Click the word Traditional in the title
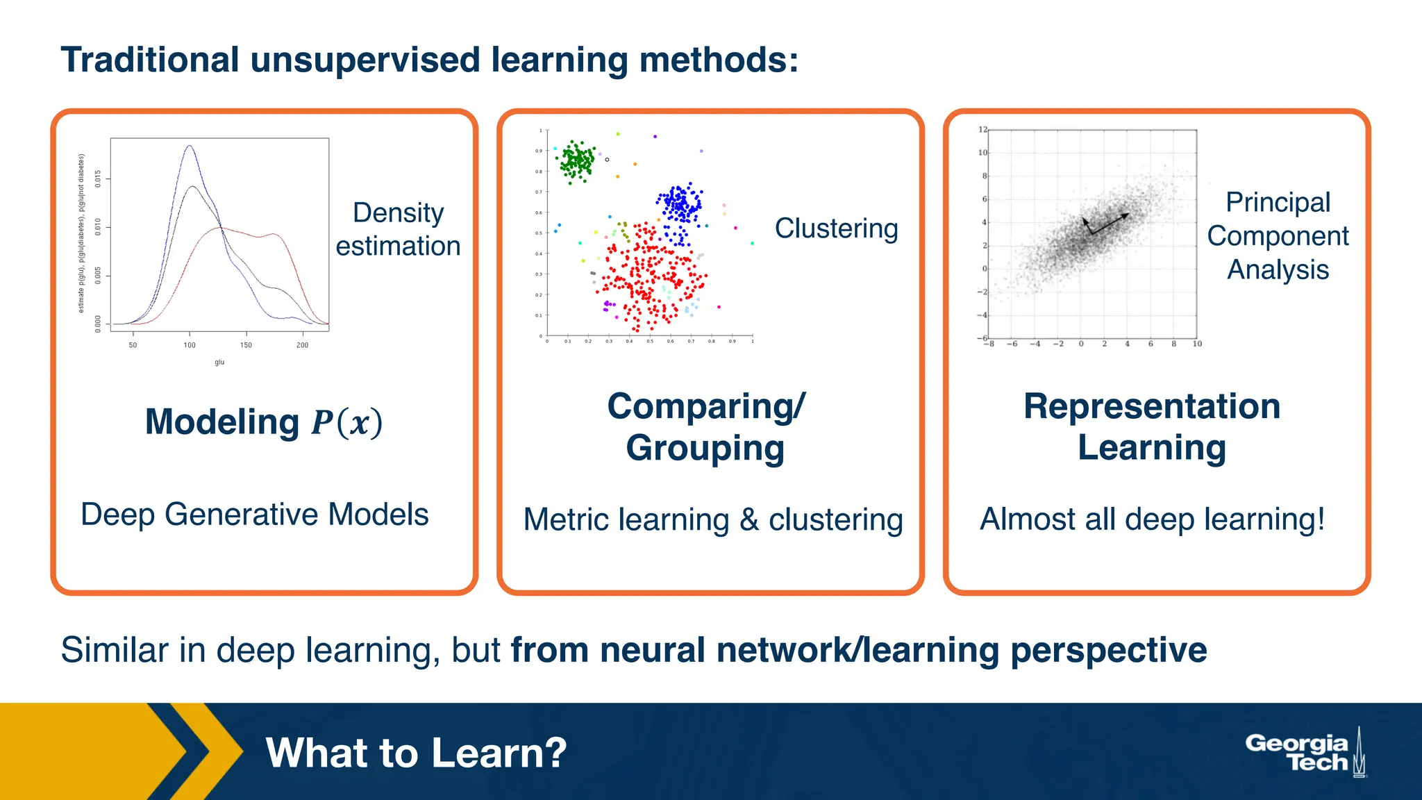tap(150, 60)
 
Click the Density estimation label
tap(398, 229)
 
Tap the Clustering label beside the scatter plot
tap(836, 228)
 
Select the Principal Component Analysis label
tap(1278, 236)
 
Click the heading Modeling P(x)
tap(264, 422)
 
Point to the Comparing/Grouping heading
tap(706, 426)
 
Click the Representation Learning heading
tap(1152, 426)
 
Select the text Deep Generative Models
tap(255, 515)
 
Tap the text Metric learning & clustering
tap(713, 519)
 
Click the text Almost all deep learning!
tap(1152, 519)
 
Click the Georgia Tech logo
tap(1305, 753)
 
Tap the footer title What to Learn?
tap(416, 753)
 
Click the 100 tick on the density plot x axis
tap(190, 345)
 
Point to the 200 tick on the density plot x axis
tap(303, 345)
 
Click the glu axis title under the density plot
tap(219, 362)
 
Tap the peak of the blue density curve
tap(190, 146)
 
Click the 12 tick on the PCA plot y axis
tap(982, 130)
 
